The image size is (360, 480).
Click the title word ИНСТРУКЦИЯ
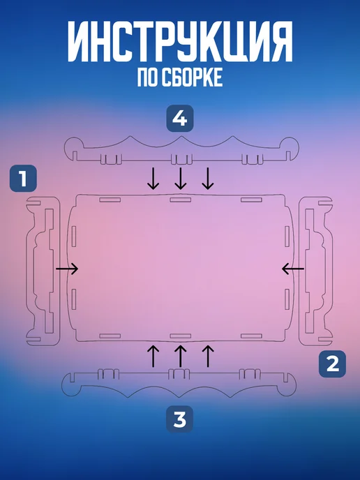tap(180, 42)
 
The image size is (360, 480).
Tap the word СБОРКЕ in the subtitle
tap(191, 77)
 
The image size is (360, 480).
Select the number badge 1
tap(23, 179)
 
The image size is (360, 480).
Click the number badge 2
tap(333, 364)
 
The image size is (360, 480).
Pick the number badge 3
tap(180, 419)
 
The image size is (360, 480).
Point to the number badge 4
tap(180, 119)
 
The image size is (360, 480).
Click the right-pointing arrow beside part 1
tap(67, 269)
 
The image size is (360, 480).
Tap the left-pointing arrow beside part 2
tap(293, 269)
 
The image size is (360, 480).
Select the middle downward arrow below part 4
tap(181, 178)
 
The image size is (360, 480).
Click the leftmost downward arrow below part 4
tap(153, 178)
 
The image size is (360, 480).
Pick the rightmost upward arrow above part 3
tap(208, 356)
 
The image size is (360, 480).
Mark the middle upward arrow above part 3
tap(181, 356)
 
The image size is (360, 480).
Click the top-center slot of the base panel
tap(181, 200)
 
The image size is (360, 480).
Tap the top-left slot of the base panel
tap(110, 200)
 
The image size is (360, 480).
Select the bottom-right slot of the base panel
tap(251, 336)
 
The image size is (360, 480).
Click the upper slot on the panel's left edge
tap(74, 237)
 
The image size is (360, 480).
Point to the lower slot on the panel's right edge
tap(287, 299)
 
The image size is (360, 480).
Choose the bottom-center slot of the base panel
tap(181, 336)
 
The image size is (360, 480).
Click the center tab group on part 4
tap(181, 159)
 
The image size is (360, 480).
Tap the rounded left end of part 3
tap(70, 384)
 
